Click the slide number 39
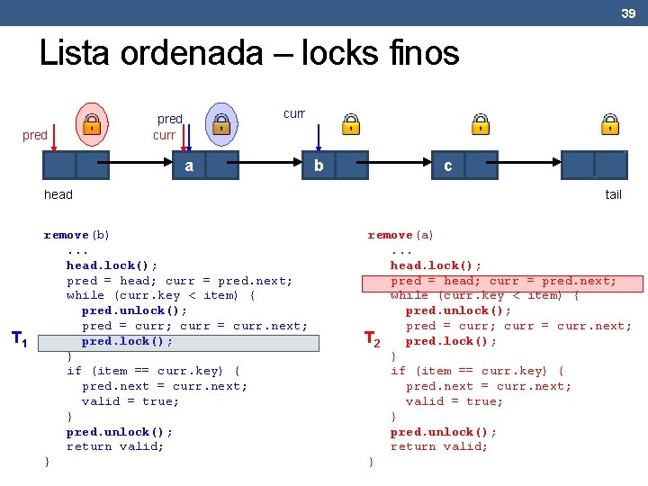pos(628,13)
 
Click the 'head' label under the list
pos(58,194)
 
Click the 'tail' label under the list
pos(613,194)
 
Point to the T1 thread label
pos(19,339)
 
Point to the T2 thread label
pos(372,339)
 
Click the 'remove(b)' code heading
pos(76,235)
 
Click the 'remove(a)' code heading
pos(400,235)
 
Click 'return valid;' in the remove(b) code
pos(115,446)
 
